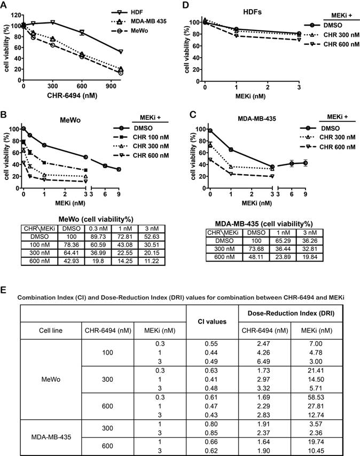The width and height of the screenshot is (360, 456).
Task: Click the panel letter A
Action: tap(5, 5)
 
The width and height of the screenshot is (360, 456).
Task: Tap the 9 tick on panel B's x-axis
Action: tap(119, 195)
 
